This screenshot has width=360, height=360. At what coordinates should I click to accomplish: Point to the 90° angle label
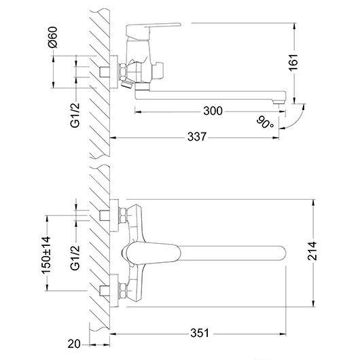tap(266, 122)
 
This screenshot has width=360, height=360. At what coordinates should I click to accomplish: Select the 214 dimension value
tap(331, 255)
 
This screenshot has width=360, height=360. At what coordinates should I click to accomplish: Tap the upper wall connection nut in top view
tap(122, 216)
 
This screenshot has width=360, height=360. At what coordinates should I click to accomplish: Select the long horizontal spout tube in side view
tap(211, 96)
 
